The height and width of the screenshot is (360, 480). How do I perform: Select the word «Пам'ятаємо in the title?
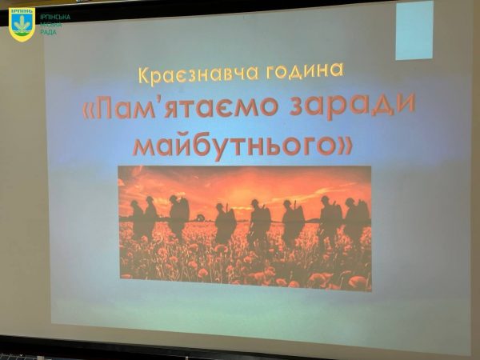180,108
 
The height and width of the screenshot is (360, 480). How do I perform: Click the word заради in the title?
352,103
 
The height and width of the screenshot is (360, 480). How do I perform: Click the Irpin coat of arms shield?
22,24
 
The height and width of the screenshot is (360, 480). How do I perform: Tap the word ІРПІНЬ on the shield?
22,11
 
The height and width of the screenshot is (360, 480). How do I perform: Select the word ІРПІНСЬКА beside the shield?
55,17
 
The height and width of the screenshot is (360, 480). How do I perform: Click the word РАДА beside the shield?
48,32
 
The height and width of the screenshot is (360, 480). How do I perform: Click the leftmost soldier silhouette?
137,219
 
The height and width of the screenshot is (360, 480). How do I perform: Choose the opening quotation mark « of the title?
89,111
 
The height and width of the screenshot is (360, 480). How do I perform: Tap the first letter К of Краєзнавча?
145,76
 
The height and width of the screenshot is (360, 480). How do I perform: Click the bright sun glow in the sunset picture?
236,194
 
